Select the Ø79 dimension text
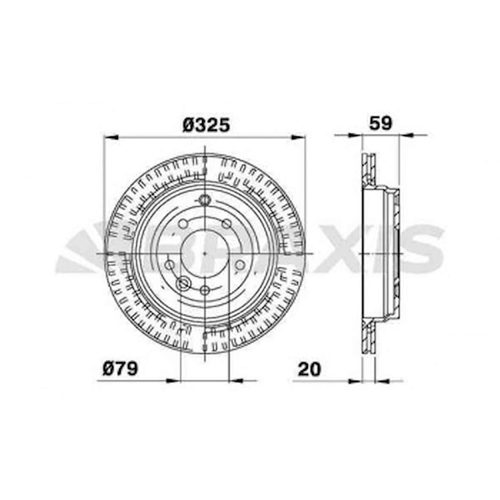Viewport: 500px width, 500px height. point(120,368)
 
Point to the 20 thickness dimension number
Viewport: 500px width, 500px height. point(309,369)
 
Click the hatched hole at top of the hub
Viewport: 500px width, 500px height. point(205,200)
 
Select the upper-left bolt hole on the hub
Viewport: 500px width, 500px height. point(183,224)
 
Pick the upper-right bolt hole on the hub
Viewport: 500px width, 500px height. point(227,224)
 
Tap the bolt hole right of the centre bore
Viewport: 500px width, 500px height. point(240,265)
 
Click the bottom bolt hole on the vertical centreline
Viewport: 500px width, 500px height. point(205,291)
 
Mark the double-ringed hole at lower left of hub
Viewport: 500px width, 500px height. point(183,284)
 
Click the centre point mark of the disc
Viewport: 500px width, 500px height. point(205,253)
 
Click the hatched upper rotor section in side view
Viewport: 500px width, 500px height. point(369,169)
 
